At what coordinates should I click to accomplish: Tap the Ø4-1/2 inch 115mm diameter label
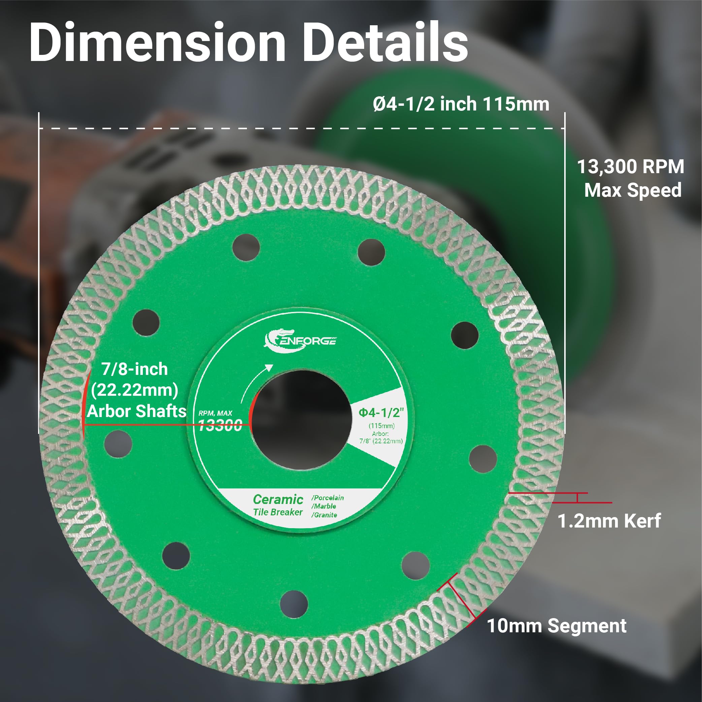point(461,104)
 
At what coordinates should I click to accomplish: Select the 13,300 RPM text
point(631,167)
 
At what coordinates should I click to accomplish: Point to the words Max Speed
point(633,190)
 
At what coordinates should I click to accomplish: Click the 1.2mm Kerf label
point(609,521)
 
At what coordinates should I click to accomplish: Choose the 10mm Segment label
point(556,626)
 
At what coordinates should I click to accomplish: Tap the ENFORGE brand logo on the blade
point(300,341)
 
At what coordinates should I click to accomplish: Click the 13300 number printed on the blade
point(220,425)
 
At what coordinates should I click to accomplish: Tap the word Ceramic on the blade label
point(278,499)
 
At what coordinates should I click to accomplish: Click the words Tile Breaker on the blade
point(278,512)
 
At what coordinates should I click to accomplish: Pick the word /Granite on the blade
point(324,515)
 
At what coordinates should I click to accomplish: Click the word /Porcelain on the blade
point(327,498)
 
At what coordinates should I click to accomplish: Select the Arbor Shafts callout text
point(137,411)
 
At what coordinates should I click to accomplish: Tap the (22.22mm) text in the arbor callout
point(134,390)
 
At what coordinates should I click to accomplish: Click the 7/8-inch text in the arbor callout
point(134,369)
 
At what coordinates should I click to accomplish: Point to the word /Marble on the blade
point(323,506)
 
